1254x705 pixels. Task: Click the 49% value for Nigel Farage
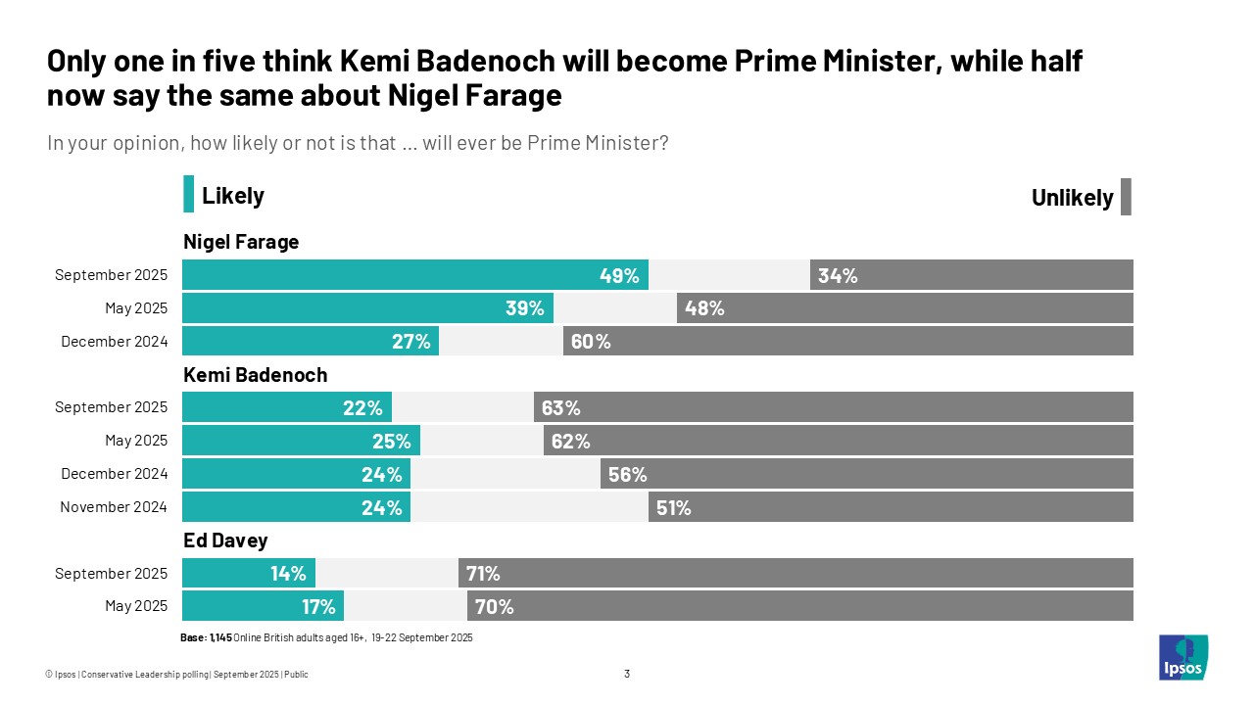619,275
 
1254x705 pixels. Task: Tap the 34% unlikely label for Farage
838,275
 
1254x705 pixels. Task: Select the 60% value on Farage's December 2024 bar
590,341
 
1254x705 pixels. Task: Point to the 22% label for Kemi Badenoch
362,407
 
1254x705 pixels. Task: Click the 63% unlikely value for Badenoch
561,407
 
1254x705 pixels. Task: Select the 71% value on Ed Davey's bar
484,574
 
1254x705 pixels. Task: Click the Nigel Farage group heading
241,242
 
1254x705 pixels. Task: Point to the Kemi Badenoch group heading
255,374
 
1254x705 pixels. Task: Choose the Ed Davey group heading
225,540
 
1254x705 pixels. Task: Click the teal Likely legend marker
188,195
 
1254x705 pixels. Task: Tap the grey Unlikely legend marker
1126,197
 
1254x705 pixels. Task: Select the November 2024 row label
114,507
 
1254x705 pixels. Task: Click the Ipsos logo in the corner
1183,657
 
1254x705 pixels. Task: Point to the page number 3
627,674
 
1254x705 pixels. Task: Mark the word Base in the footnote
193,637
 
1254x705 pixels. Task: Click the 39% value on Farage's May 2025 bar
525,308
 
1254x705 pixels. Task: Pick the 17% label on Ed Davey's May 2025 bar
319,607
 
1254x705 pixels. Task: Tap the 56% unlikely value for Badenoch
628,474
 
